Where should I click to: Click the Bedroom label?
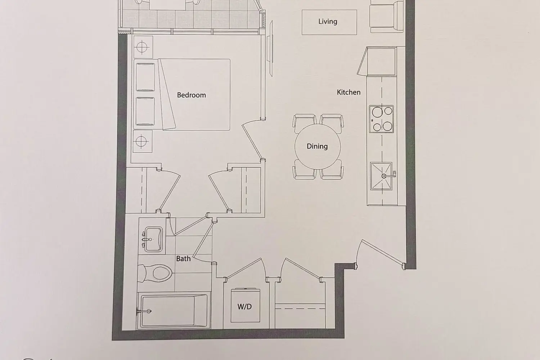192,95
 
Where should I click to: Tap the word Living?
328,22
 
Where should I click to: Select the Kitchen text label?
348,92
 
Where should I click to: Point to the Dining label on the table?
317,147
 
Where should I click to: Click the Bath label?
183,259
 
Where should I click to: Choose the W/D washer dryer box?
246,305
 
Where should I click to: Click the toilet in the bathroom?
155,273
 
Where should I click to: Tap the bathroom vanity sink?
152,239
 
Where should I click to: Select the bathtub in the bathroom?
174,311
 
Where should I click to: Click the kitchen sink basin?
381,176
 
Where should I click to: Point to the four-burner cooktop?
381,119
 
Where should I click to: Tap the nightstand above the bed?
143,47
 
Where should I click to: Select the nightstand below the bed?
143,141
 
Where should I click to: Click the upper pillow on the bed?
145,77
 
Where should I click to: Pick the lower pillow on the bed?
145,111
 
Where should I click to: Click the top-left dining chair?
305,123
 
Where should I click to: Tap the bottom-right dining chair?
332,170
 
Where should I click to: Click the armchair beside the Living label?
386,17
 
